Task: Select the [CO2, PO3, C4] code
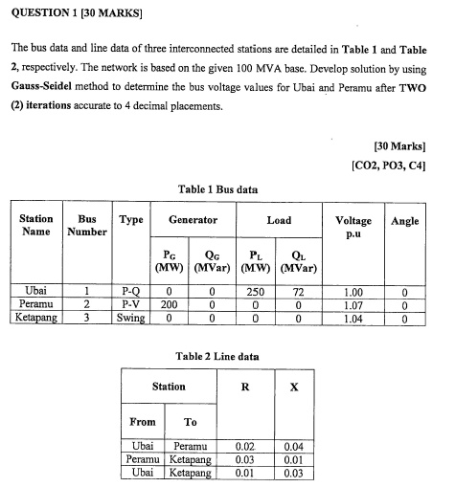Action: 389,166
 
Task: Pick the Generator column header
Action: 193,220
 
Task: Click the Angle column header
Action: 405,221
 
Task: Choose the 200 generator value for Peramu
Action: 169,305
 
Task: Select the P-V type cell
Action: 130,305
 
